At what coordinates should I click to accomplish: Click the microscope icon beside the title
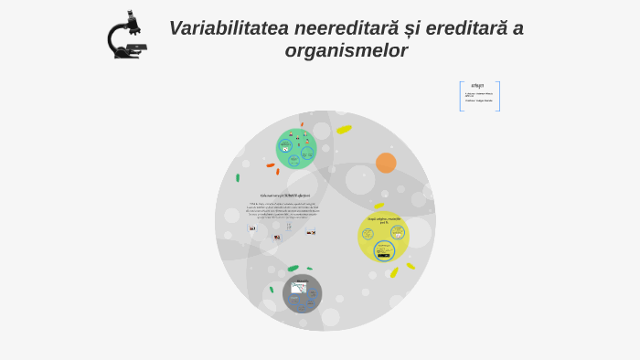pos(126,36)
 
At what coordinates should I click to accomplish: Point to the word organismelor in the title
pos(346,51)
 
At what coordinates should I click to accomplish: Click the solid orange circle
pos(386,163)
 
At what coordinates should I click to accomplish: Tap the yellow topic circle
pos(383,236)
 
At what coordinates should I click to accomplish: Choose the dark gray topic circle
pos(302,293)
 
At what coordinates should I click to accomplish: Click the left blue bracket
pos(461,96)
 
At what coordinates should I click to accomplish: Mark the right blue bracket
pos(498,96)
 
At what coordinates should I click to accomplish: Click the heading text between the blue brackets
pos(477,86)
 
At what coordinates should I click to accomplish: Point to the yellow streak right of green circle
pos(344,130)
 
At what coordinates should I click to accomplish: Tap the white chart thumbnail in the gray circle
pos(299,289)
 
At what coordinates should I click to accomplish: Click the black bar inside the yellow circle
pos(384,255)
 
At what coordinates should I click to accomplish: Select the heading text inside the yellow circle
pos(384,220)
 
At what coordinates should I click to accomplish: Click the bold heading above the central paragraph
pos(284,196)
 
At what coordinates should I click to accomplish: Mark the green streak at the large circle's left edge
pos(238,177)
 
